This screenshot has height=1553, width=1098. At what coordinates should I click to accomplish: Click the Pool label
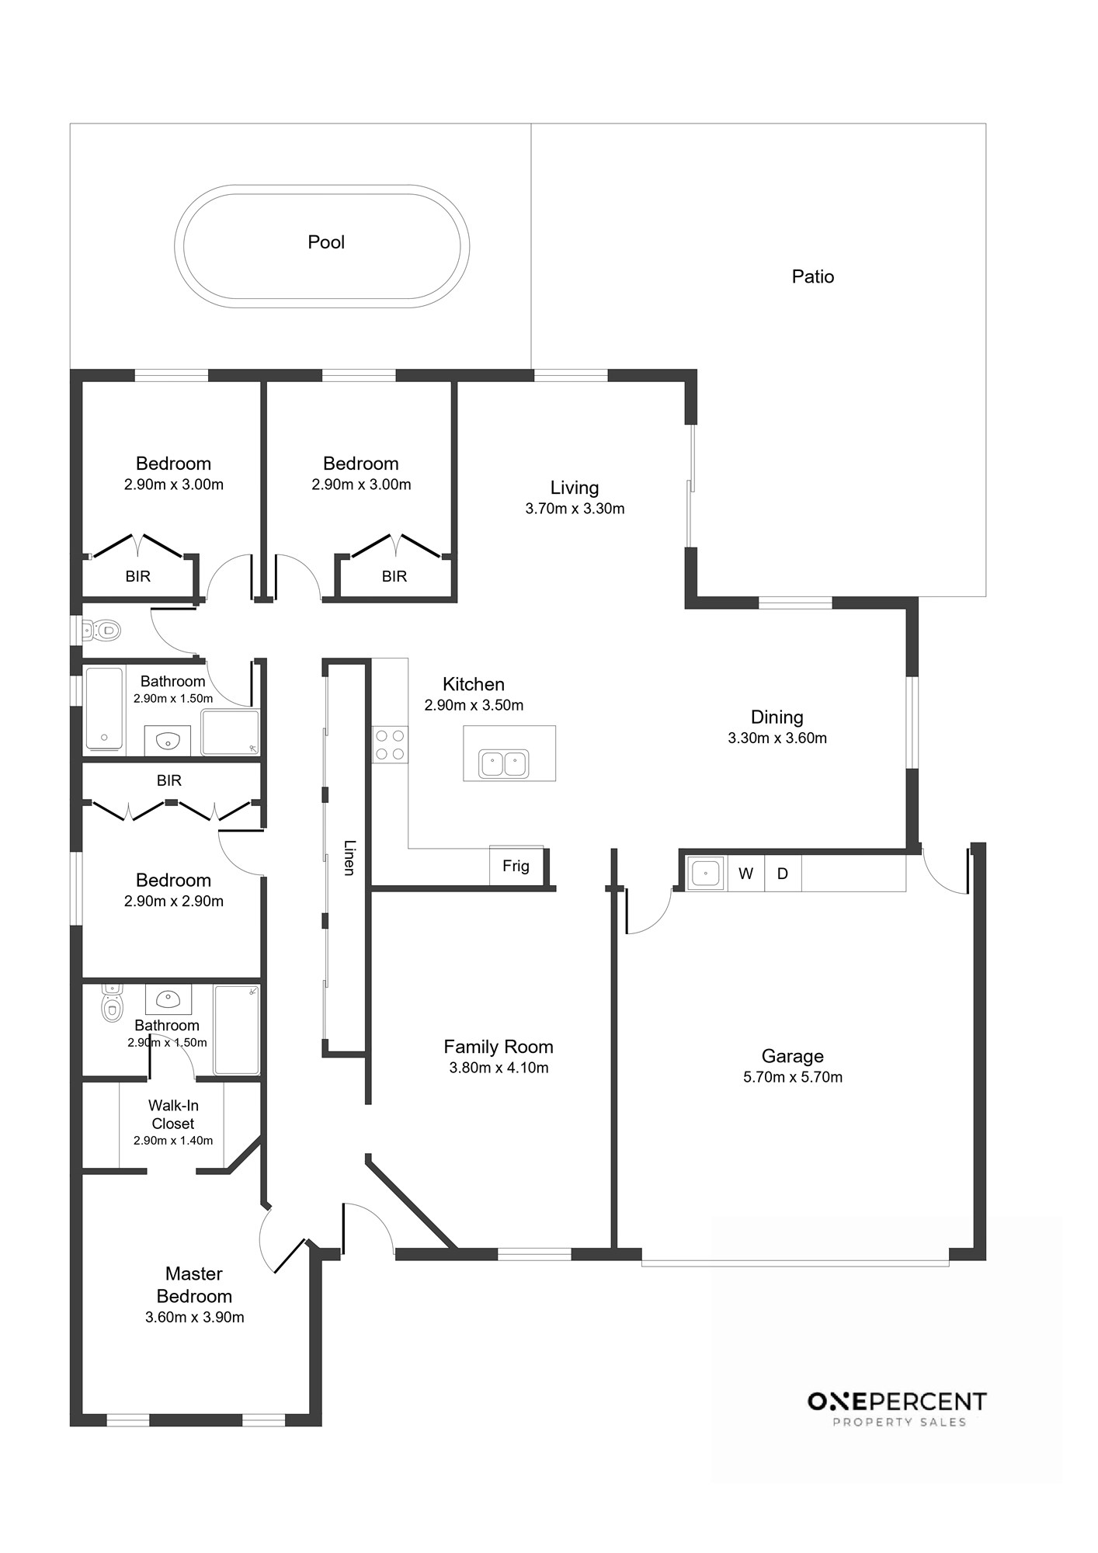[326, 242]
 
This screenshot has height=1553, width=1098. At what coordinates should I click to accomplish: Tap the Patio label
[813, 276]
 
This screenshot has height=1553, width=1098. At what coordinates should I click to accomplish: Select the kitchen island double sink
[504, 763]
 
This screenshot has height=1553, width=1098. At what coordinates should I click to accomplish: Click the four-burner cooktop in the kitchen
[390, 744]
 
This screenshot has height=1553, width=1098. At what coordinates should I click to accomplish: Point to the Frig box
[516, 865]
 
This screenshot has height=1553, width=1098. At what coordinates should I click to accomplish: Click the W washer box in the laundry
[746, 874]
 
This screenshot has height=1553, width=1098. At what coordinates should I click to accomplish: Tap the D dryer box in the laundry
[783, 874]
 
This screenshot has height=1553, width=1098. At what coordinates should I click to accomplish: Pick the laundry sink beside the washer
[706, 873]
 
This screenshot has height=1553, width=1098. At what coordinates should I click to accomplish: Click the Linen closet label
[349, 858]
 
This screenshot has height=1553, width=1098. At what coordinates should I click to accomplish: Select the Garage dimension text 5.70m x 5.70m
[793, 1077]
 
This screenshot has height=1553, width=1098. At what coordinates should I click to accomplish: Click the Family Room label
[499, 1047]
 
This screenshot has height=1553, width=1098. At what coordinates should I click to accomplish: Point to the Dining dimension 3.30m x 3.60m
[777, 738]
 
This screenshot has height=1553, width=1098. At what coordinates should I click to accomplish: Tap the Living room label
[575, 488]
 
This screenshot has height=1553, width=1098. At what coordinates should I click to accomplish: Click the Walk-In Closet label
[173, 1114]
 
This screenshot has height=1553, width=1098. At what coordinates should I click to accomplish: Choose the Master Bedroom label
[194, 1285]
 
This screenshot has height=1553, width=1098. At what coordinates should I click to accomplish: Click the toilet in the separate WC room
[102, 629]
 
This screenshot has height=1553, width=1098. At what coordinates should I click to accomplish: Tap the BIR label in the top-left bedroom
[138, 577]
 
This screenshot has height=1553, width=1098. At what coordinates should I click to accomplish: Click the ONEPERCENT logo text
[897, 1402]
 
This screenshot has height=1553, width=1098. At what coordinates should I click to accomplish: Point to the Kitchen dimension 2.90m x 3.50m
[474, 706]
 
